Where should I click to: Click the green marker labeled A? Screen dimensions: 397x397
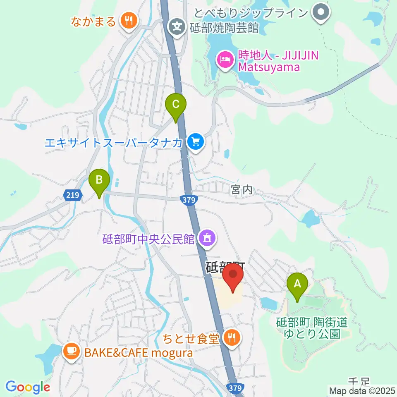point(297,284)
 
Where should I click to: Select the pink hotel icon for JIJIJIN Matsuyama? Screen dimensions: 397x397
point(225,60)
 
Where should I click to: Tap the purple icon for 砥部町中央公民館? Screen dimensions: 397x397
point(206,238)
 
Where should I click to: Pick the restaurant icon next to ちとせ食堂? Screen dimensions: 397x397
point(231,339)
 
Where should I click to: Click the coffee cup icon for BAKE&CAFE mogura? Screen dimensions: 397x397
point(71,352)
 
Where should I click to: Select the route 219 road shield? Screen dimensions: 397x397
point(72,194)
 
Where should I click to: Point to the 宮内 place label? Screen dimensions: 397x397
point(242,190)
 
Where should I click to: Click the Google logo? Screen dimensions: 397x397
point(27,387)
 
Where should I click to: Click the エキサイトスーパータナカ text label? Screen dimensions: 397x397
point(113,143)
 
